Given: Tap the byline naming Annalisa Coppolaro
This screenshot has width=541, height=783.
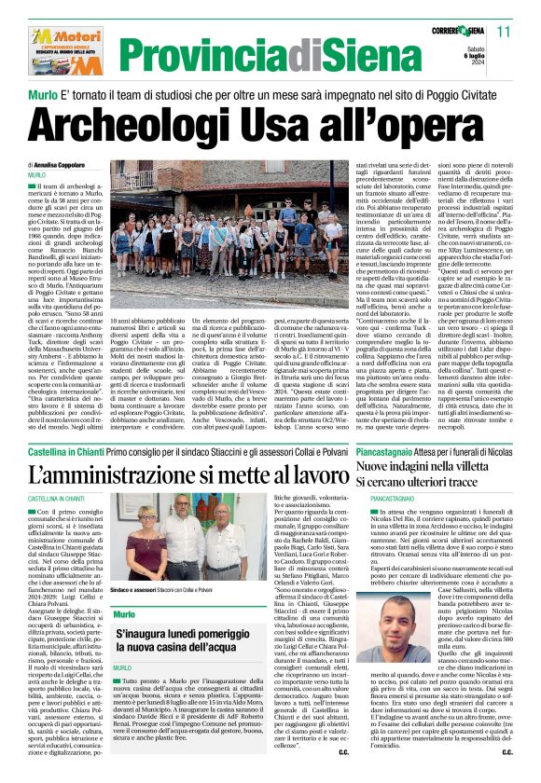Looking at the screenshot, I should pyautogui.click(x=67, y=164).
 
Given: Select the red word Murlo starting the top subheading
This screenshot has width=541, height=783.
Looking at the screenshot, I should pyautogui.click(x=45, y=95).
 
